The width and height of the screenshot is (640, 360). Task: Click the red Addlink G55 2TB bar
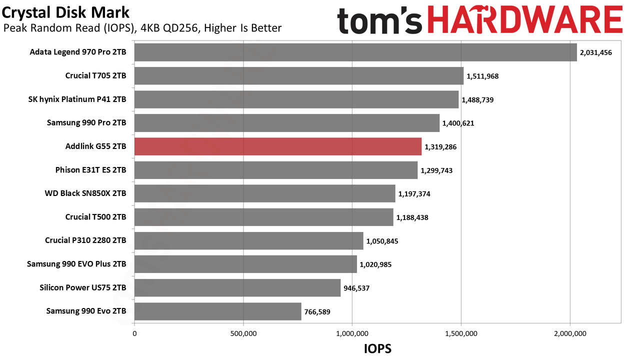tap(278, 146)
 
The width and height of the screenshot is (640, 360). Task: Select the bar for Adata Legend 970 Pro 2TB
tap(355, 52)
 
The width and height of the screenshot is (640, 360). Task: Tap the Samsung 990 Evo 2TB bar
tap(218, 311)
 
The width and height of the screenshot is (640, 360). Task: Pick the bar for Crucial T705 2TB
tap(299, 75)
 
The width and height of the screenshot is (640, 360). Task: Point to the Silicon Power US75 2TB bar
tap(237, 287)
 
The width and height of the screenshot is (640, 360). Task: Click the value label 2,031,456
tap(596, 52)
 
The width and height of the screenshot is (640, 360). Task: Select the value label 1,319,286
tap(440, 147)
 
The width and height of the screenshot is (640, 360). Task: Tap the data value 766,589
tap(317, 311)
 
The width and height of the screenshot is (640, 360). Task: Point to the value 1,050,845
tap(382, 241)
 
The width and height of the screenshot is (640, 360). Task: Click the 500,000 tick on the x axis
tap(243, 333)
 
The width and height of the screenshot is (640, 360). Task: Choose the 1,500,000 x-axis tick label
tap(461, 333)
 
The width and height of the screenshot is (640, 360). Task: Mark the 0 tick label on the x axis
tap(134, 333)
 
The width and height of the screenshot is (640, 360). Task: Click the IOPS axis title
tap(377, 348)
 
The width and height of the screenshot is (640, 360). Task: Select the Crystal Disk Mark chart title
tap(65, 12)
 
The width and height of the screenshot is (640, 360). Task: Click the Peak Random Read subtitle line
tap(142, 28)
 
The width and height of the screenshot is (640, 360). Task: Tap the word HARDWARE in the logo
tap(525, 19)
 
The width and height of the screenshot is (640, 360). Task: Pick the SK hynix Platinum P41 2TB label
tap(77, 99)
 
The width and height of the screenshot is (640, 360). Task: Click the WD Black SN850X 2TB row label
tap(85, 193)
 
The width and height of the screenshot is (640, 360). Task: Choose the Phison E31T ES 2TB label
tap(90, 170)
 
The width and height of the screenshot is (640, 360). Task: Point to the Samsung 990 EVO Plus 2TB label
tap(76, 264)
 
